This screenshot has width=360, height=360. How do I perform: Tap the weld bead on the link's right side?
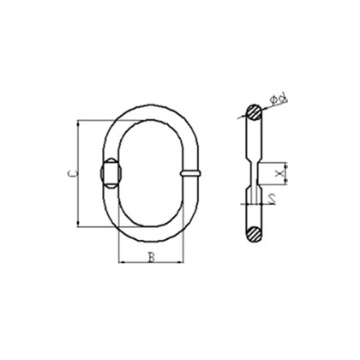pos(192,172)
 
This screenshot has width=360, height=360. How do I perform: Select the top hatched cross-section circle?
pos(255,112)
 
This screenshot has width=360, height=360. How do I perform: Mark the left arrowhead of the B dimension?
pos(120,261)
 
